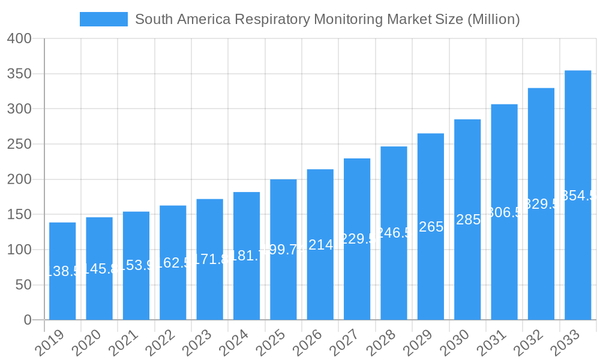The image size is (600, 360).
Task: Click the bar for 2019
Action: (x=62, y=271)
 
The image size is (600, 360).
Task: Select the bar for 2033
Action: (x=578, y=195)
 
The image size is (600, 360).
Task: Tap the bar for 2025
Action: (x=283, y=250)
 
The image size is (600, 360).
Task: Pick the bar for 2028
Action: (x=394, y=233)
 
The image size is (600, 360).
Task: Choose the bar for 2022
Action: (x=173, y=263)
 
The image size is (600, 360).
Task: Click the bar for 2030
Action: (x=467, y=220)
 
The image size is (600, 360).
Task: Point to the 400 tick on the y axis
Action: (x=19, y=38)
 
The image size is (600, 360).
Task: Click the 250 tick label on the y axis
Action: (x=19, y=144)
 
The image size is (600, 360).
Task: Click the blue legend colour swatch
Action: (x=104, y=19)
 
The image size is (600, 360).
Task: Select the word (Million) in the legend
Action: (x=491, y=19)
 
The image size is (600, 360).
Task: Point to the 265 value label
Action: (x=431, y=227)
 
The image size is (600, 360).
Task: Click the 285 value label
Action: (x=467, y=220)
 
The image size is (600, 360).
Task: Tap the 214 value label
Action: (x=320, y=245)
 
